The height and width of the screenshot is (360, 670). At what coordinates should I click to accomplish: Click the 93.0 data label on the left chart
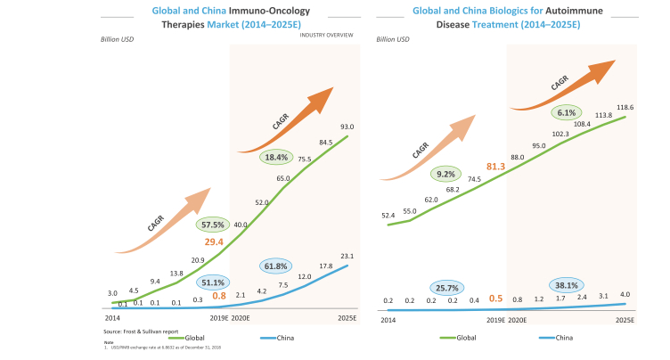(346, 126)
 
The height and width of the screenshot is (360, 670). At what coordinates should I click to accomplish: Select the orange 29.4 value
(215, 241)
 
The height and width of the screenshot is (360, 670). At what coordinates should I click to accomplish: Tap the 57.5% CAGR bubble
(213, 225)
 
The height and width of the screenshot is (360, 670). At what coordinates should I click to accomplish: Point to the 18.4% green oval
(275, 158)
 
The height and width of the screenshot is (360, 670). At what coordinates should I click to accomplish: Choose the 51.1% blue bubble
(211, 282)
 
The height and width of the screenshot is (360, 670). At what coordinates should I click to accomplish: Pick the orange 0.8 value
(219, 296)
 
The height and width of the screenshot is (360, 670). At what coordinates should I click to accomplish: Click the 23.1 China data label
(346, 256)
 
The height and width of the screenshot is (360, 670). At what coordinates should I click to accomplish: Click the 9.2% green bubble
(445, 174)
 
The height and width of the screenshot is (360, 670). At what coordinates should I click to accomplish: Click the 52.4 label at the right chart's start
(388, 215)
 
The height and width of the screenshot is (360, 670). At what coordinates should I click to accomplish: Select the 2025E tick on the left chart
(347, 317)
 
